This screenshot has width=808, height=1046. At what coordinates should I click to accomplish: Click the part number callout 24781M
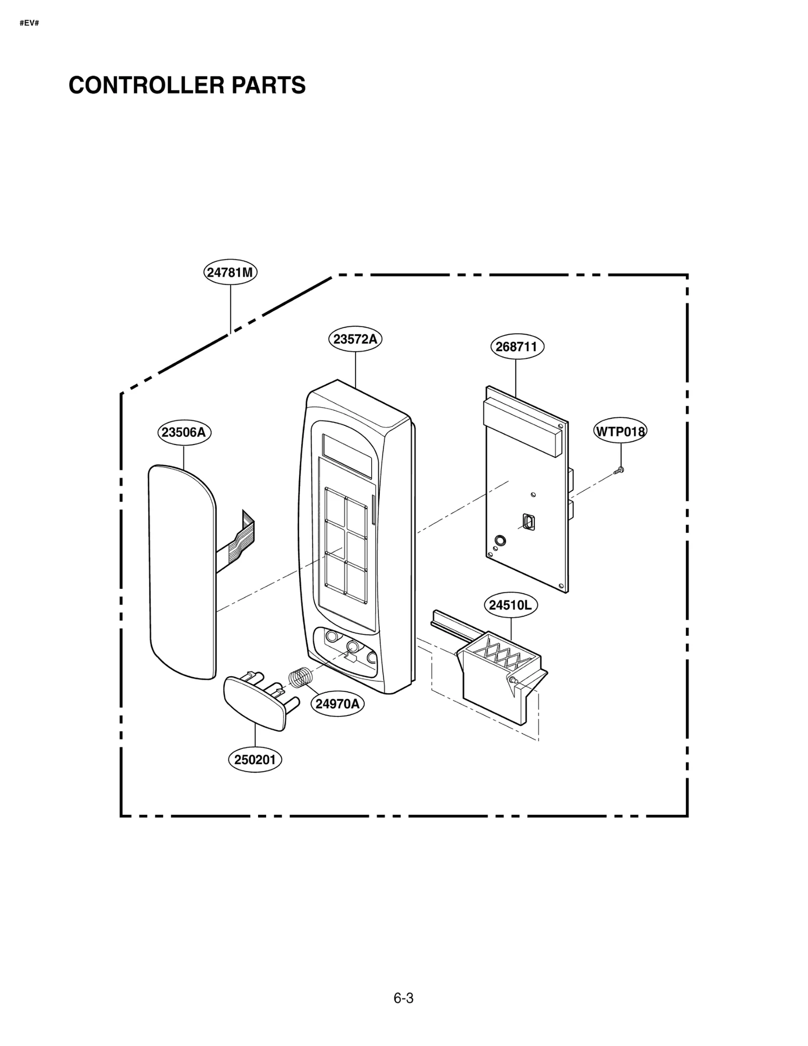coord(230,272)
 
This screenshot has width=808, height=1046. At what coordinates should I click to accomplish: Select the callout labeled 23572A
coord(355,339)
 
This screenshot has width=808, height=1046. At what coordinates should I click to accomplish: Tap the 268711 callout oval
coord(517,347)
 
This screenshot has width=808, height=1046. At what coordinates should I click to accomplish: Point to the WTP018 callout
coord(620,431)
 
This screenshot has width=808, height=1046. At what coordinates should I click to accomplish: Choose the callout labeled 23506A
coord(184,432)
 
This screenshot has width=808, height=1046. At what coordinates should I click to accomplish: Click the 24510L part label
coord(511,604)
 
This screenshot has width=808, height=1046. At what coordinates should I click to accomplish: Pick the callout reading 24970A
coord(337,703)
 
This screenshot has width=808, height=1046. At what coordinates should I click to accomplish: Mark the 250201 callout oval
coord(255,759)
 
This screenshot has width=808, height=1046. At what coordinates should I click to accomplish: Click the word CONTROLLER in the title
coord(147,85)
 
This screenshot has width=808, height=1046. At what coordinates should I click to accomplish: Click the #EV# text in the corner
coord(29,23)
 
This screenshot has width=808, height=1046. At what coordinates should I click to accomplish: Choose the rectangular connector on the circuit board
coord(529,522)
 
